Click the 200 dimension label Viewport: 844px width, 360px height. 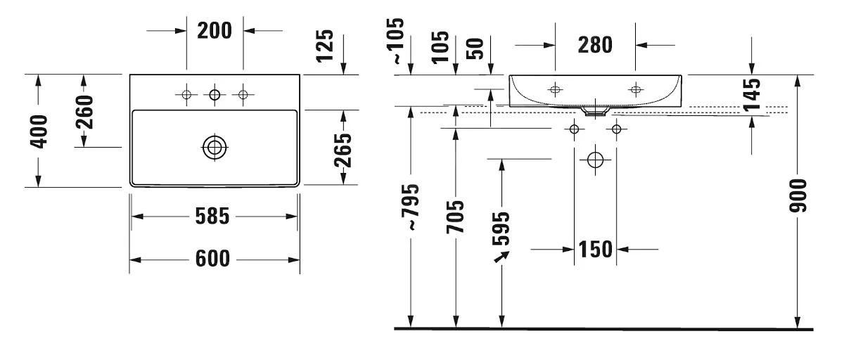click(215, 31)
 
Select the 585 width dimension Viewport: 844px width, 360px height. click(212, 217)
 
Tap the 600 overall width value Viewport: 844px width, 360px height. click(212, 259)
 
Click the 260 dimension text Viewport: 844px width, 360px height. click(84, 112)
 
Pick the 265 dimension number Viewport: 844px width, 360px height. click(343, 148)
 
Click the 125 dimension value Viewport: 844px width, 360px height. click(324, 46)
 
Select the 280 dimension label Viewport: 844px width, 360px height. click(595, 45)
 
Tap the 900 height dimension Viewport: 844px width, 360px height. click(798, 196)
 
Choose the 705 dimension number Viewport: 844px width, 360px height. click(456, 217)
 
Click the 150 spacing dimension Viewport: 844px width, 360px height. click(595, 249)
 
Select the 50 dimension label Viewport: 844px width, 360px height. click(476, 48)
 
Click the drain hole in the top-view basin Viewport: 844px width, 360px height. click(215, 148)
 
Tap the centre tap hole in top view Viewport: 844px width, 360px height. click(215, 94)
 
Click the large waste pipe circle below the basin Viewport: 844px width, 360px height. click(595, 160)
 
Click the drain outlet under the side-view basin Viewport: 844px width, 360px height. click(596, 110)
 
